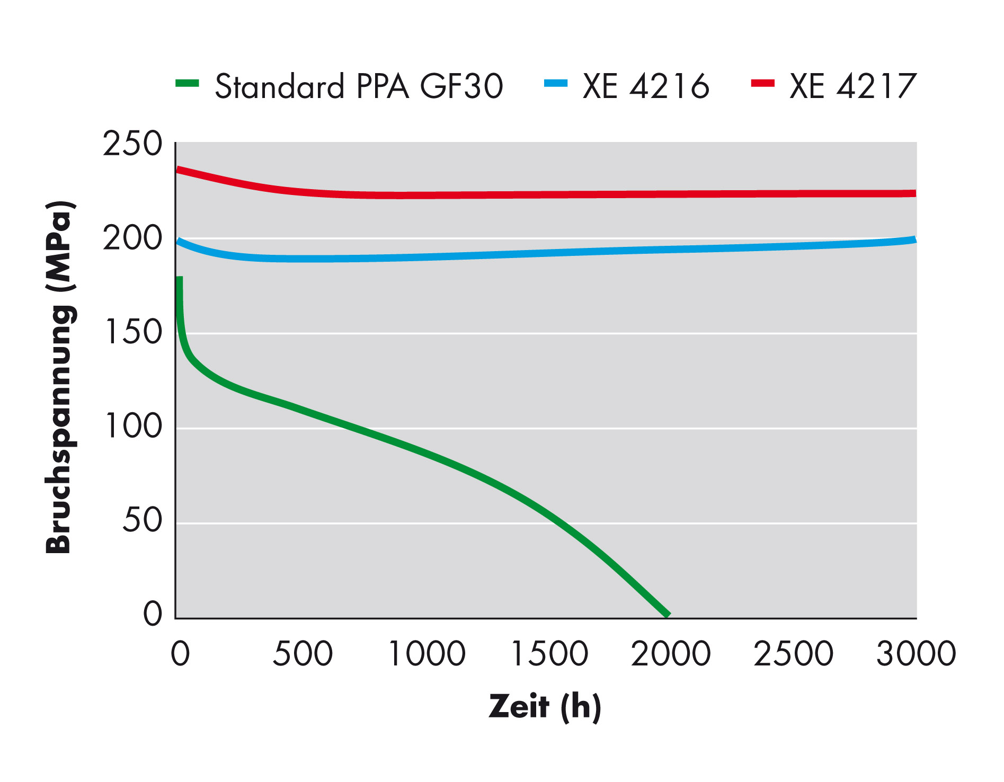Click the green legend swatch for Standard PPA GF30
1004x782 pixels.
[x=187, y=83]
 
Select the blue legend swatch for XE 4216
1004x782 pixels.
[x=556, y=83]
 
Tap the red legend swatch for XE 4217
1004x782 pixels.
[x=763, y=83]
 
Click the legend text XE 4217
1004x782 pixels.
[x=852, y=86]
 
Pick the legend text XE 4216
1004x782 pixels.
[x=646, y=86]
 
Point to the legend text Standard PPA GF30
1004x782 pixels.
[x=359, y=86]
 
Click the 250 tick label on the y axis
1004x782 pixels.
[x=132, y=144]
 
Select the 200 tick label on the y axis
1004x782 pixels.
[x=132, y=238]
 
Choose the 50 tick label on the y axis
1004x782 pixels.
[x=142, y=520]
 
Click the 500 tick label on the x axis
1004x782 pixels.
[x=303, y=654]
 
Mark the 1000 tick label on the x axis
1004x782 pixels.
[x=427, y=654]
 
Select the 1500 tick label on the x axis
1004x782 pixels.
[x=549, y=654]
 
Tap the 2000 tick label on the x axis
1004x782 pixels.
[x=671, y=654]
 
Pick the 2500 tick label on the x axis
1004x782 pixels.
[x=793, y=654]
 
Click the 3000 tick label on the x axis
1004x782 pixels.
[x=916, y=654]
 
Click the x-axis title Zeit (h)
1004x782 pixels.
[x=545, y=707]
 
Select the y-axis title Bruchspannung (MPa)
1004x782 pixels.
[x=59, y=377]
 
